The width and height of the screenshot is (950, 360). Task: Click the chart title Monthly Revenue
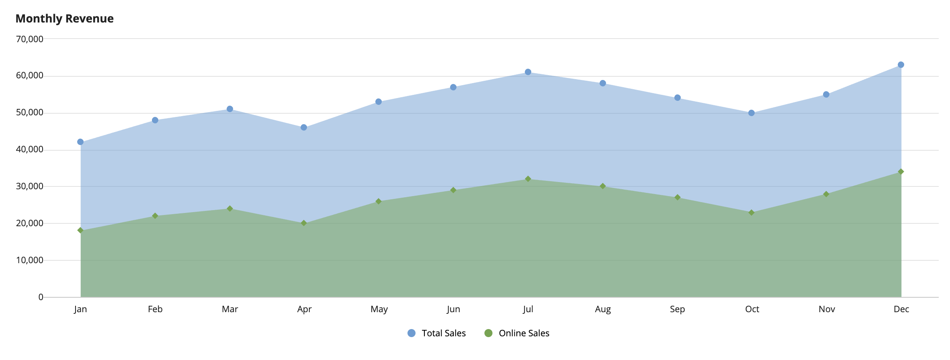(64, 18)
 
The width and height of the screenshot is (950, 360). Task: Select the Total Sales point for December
(901, 65)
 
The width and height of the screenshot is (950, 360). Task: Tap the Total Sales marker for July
(528, 72)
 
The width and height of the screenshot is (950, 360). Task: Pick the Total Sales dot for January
(80, 142)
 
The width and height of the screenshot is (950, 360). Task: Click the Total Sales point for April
(304, 127)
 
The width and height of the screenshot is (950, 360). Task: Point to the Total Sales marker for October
(751, 113)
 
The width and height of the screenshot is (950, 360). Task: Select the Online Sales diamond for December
(901, 172)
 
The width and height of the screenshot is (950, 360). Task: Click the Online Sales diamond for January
(80, 230)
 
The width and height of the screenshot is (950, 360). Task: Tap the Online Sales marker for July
(528, 179)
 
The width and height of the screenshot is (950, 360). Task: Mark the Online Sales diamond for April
(304, 223)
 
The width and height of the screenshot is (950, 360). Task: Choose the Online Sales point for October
(751, 213)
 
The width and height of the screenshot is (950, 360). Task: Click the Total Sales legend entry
(437, 333)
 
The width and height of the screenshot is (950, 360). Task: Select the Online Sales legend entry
(517, 333)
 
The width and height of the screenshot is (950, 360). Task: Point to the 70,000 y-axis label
(30, 39)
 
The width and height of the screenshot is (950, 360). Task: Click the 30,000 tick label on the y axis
(30, 186)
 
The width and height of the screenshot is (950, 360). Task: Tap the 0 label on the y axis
(41, 297)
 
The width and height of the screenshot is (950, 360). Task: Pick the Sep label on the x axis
(678, 309)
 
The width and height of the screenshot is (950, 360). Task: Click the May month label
(379, 309)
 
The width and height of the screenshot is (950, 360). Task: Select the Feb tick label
(155, 309)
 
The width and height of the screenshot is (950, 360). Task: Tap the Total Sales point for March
(230, 109)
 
